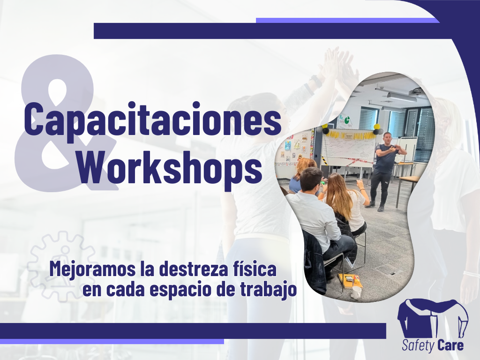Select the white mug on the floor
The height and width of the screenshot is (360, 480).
click(x=356, y=292)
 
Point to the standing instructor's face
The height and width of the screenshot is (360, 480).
click(x=388, y=138)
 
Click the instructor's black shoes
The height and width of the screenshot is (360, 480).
click(x=375, y=206)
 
